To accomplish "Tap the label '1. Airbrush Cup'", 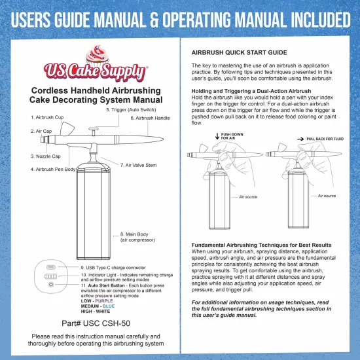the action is coord(47,117).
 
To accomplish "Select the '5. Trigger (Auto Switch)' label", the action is coord(131,110).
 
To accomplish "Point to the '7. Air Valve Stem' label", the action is coord(139,165).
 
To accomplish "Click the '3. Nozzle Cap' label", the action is coord(45,156).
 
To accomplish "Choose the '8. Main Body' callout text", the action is coord(137,237).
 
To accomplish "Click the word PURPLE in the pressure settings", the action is coord(104,301).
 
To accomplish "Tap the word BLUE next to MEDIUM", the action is coord(109,306).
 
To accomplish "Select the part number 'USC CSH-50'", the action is coord(107,323).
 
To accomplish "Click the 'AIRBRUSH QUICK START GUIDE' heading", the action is coord(239,52).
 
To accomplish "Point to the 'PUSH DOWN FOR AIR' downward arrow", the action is coord(217,136).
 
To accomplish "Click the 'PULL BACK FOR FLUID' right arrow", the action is coord(300,139).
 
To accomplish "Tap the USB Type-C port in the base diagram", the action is coord(51,267).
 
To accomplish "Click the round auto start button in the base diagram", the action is coord(51,285).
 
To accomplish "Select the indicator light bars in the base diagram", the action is coord(50,276).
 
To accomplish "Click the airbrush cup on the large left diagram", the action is coord(67,128).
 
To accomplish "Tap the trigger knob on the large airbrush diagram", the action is coord(94,131).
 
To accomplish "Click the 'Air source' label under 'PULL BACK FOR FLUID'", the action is coord(327,196).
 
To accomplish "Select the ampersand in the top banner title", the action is coord(154,20).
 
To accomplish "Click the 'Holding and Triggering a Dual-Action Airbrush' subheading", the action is coord(251,91).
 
